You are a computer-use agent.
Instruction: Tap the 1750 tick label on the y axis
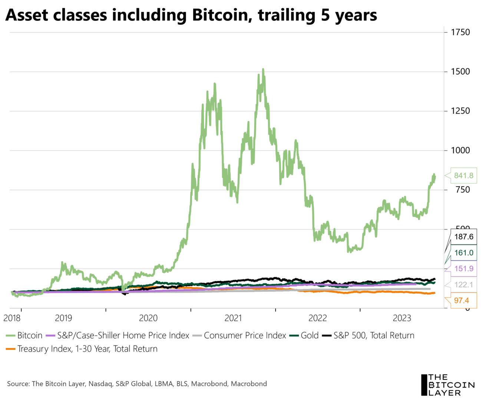pos(460,32)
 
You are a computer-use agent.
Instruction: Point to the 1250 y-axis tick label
pos(460,111)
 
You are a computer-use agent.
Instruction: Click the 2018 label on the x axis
pos(12,318)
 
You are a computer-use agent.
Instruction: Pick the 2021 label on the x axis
pos(233,318)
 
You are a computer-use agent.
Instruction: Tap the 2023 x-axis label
pos(402,318)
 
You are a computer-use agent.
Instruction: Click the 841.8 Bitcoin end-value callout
pos(463,175)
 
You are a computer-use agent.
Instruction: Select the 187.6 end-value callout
pos(463,237)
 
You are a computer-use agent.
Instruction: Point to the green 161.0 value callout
pos(463,253)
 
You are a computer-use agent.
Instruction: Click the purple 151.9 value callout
pos(463,269)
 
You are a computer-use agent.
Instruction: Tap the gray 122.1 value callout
pos(463,284)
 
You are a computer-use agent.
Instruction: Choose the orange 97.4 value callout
pos(461,300)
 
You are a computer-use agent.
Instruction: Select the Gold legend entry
pos(309,335)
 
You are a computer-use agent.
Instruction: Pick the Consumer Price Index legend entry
pos(245,335)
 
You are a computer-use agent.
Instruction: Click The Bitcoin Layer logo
pos(448,385)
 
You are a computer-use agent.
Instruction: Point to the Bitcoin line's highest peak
pos(263,69)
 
